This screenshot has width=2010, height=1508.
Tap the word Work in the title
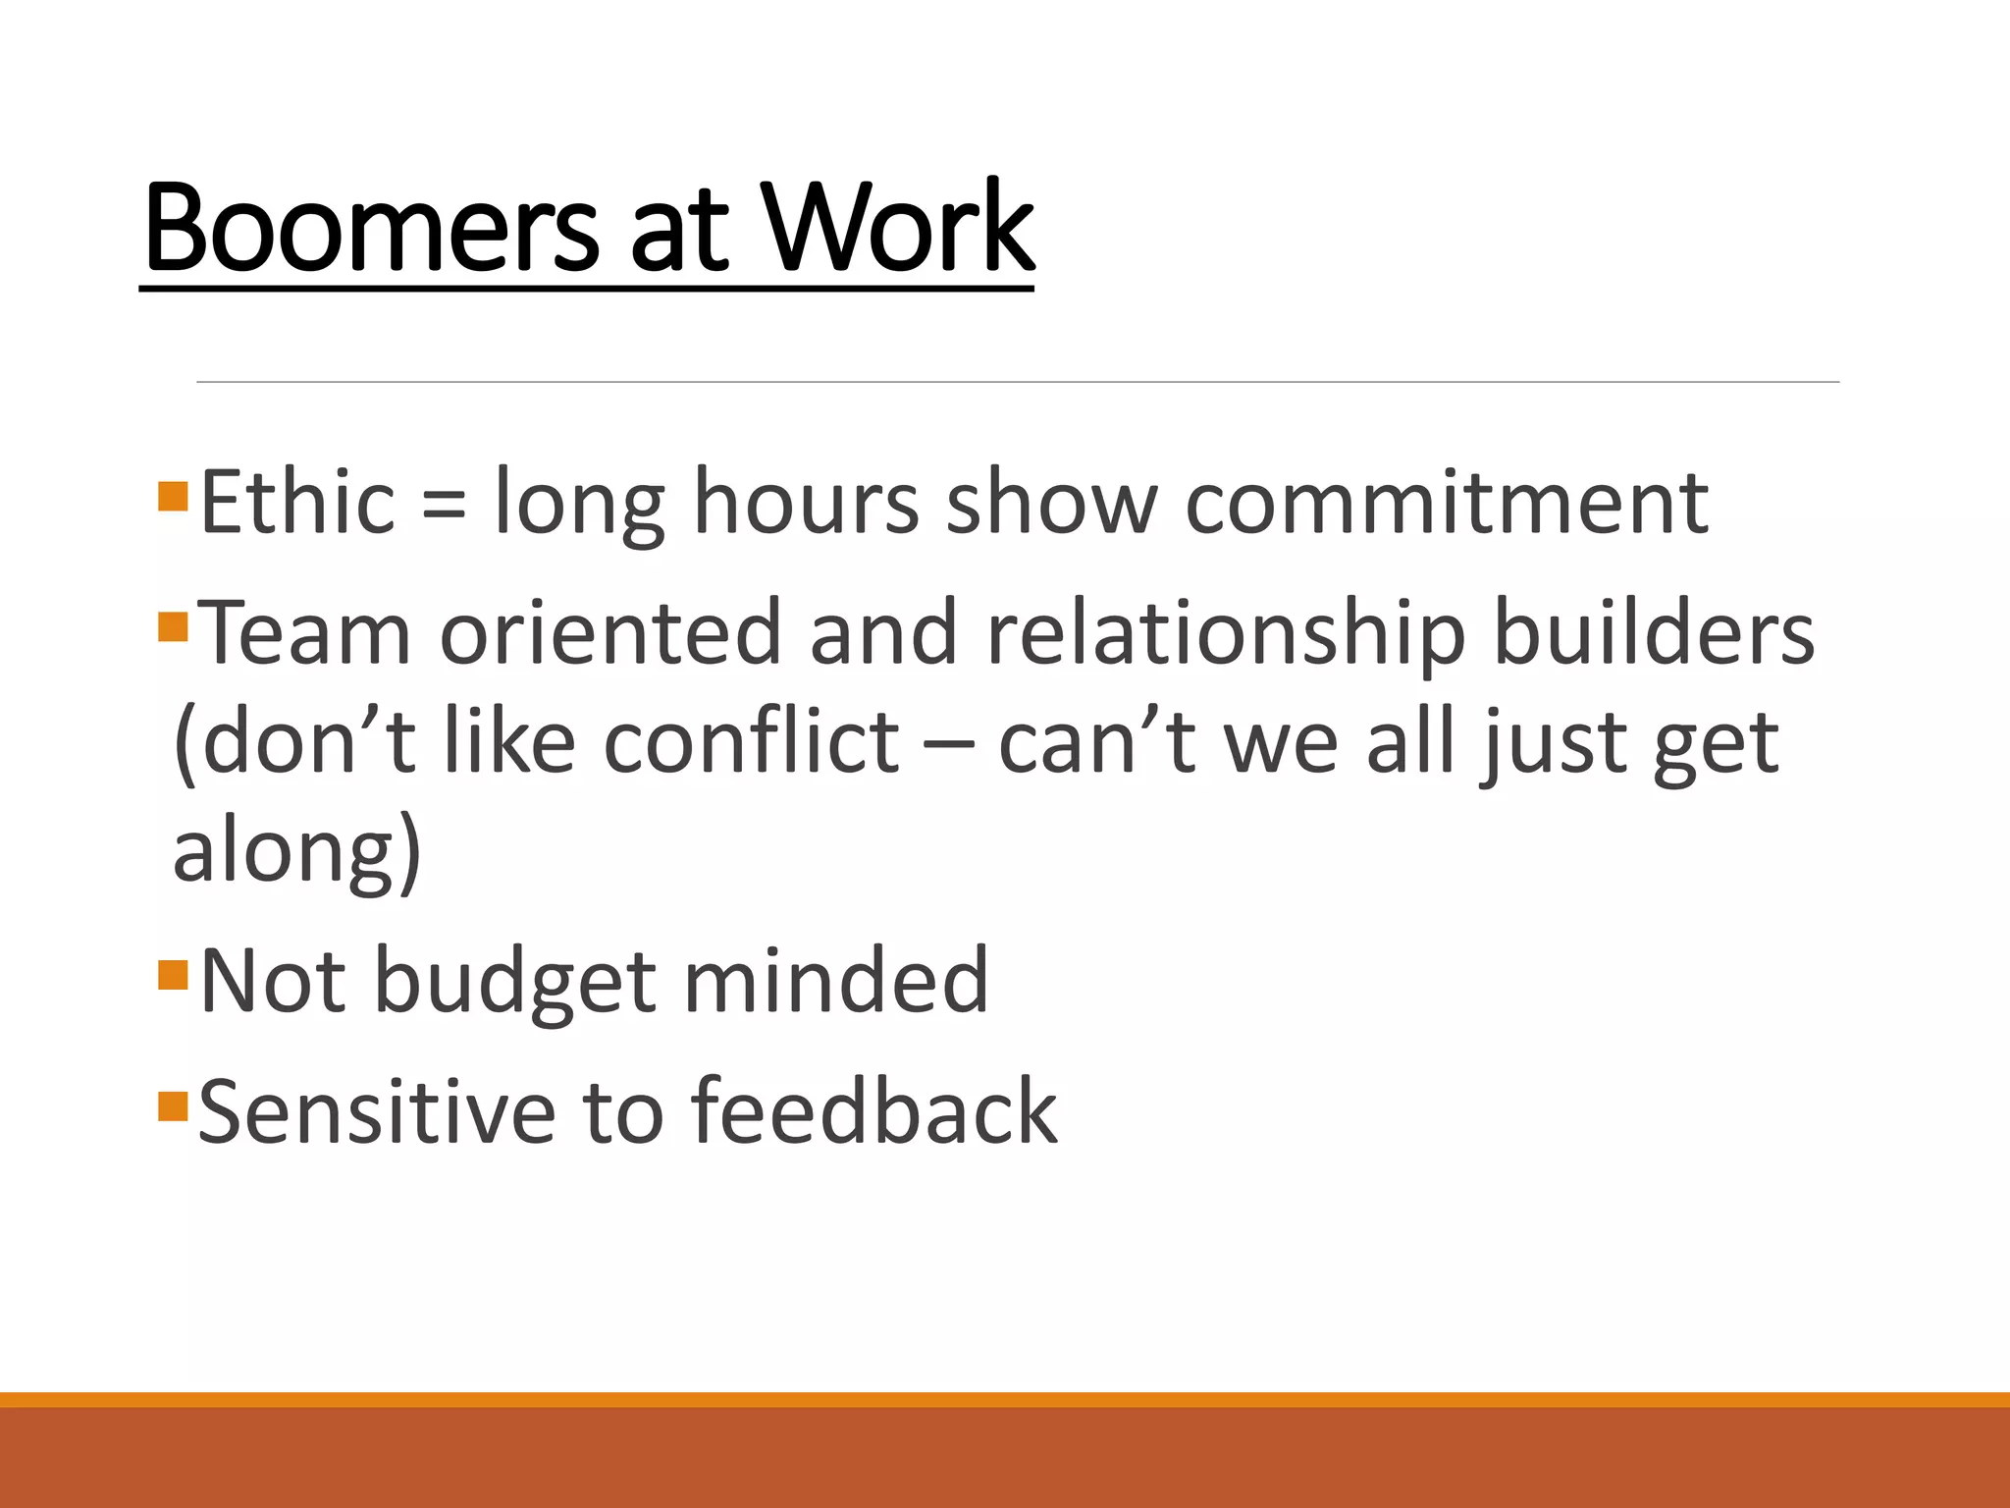(x=897, y=228)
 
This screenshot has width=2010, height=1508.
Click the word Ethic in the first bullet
(x=297, y=502)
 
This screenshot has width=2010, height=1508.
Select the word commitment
(x=1447, y=502)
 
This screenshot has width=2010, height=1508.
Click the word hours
(x=806, y=502)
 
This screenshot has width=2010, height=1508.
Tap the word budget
(x=515, y=982)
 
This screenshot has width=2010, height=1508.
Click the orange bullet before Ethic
(x=172, y=496)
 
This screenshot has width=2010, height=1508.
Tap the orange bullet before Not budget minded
(x=172, y=975)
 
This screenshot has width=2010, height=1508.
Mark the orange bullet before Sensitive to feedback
(x=172, y=1105)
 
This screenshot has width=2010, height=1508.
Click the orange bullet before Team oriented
(x=172, y=626)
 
